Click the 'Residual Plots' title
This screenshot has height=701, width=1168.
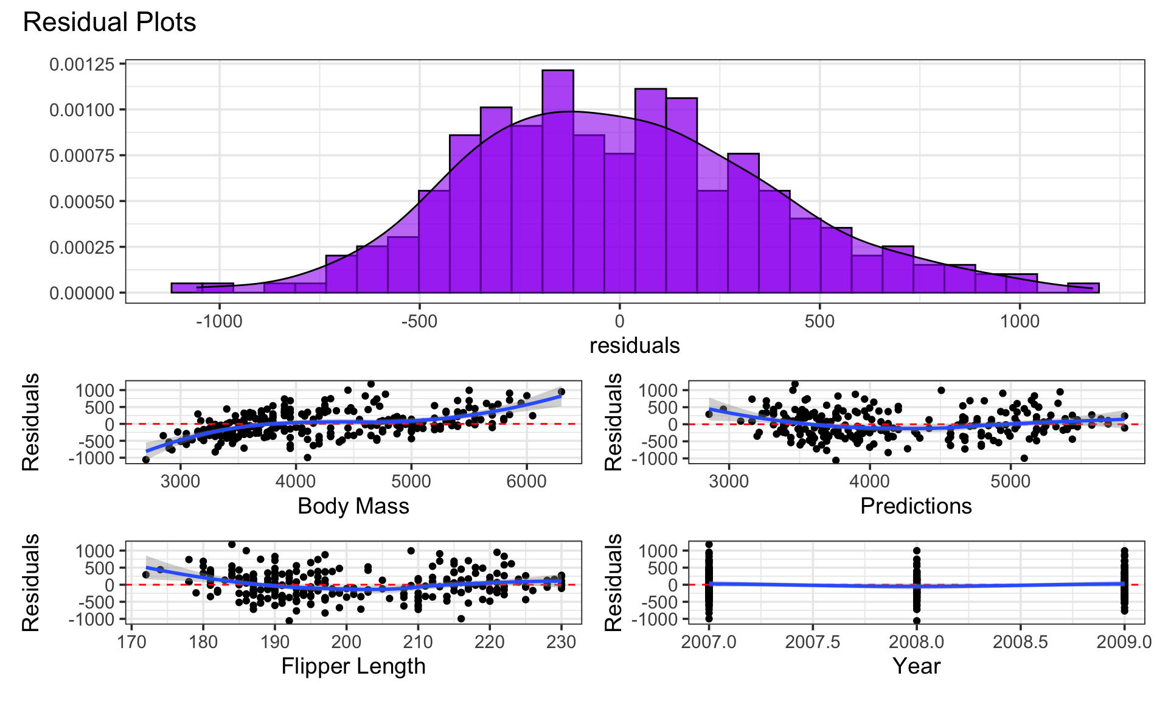109,23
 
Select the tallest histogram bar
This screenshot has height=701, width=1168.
558,183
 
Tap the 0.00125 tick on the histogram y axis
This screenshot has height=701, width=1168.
82,65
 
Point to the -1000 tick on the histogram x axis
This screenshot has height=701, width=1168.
219,321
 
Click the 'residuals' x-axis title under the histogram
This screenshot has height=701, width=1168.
634,346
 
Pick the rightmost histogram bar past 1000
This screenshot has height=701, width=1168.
1083,288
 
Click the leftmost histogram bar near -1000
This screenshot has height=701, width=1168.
187,288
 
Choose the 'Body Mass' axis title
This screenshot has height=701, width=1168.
353,506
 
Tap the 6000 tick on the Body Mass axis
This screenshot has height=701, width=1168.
526,481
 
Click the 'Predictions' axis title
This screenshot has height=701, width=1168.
916,506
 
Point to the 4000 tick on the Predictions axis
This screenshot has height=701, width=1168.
869,481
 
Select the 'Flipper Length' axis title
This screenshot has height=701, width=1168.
353,667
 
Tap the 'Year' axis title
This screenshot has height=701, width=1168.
916,667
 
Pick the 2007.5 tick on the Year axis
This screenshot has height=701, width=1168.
813,643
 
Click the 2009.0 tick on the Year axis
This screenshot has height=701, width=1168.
1124,643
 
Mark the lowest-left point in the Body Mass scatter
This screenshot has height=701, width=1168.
146,459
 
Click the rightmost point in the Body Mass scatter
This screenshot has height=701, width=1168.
561,392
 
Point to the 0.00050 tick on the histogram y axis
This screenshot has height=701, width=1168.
82,201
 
